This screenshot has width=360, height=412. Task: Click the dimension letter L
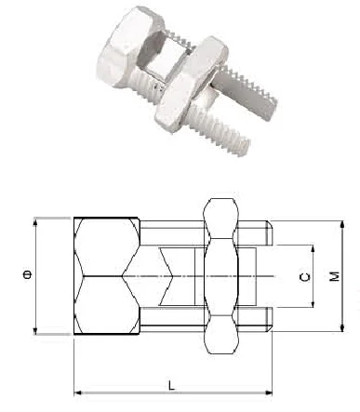click(171, 385)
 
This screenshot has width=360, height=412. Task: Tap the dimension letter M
click(334, 276)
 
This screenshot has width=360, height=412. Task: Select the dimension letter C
click(305, 277)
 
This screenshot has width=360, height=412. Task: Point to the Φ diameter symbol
click(28, 274)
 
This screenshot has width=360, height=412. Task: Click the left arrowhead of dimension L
click(77, 392)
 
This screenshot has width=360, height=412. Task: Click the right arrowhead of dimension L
click(269, 392)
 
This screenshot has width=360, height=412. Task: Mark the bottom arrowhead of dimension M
click(342, 328)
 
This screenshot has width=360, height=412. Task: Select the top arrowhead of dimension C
click(313, 249)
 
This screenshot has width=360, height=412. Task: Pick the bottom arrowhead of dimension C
click(313, 303)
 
